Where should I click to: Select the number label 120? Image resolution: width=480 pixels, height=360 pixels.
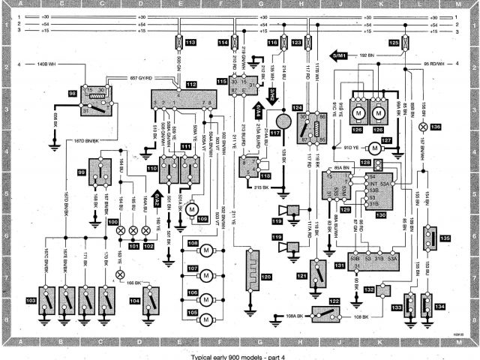point(268,277)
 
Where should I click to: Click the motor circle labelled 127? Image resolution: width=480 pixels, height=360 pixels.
point(387,140)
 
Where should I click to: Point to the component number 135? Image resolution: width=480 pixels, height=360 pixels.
point(445,238)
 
